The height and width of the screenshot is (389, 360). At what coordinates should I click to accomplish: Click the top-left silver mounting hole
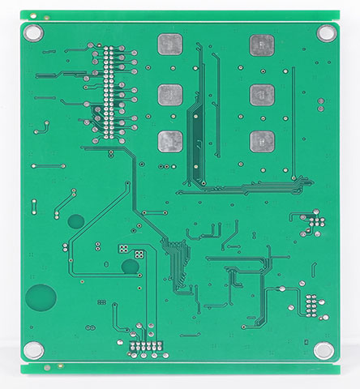(33, 33)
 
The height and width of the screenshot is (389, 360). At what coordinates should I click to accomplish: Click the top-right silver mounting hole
(326, 33)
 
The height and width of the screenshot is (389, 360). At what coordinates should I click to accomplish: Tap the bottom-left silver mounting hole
(33, 350)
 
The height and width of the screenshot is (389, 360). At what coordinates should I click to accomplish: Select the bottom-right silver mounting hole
(324, 350)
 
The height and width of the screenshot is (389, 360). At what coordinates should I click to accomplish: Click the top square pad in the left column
(169, 44)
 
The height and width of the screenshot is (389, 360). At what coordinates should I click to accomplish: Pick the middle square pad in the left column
(169, 95)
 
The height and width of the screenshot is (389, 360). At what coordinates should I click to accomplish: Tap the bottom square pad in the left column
(169, 142)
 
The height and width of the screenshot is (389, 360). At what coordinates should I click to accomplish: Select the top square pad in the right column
(261, 45)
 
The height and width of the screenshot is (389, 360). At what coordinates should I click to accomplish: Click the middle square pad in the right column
(261, 95)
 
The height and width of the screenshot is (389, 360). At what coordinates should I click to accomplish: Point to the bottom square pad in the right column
(261, 142)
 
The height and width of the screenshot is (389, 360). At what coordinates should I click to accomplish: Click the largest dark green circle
(41, 297)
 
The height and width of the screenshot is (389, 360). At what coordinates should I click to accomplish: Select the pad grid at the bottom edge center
(148, 349)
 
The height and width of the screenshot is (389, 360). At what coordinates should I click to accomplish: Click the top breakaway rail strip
(180, 15)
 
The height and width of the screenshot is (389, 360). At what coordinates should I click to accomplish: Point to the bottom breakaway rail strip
(180, 369)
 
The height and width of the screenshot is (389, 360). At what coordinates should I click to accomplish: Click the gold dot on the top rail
(46, 17)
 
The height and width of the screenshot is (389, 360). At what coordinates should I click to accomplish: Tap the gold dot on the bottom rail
(48, 367)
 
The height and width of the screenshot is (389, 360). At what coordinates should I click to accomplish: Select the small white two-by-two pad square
(139, 254)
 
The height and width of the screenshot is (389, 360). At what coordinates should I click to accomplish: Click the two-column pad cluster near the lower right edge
(311, 305)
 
